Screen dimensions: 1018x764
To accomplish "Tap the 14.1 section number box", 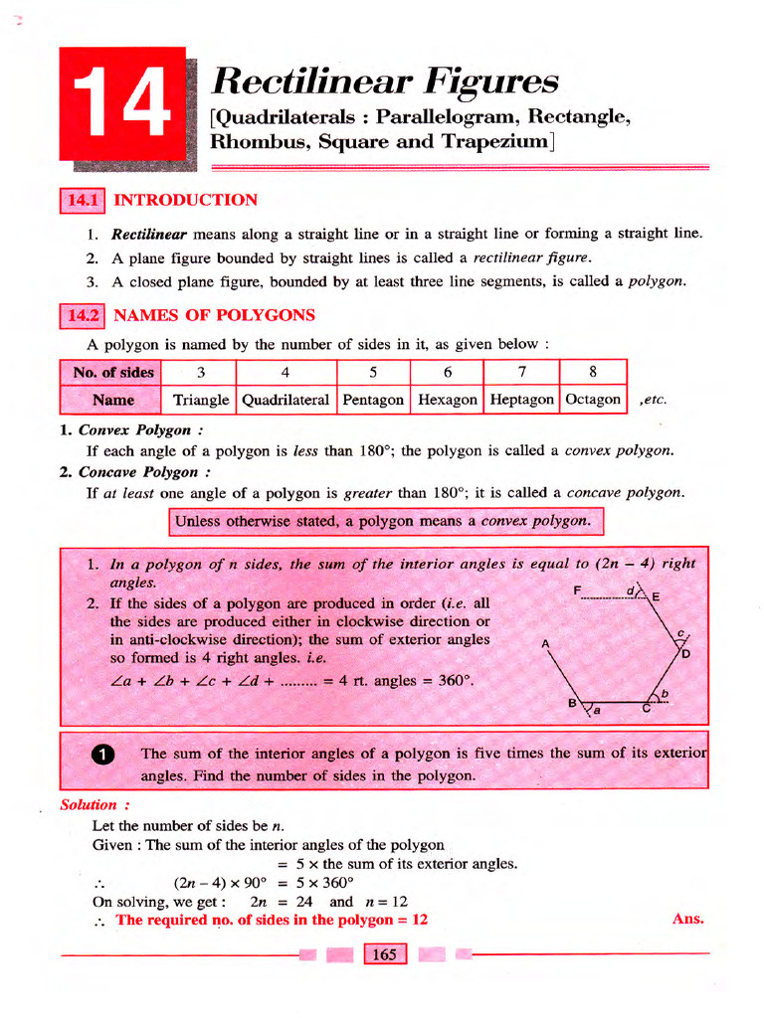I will tap(84, 201).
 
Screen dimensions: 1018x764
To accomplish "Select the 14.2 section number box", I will tap(84, 316).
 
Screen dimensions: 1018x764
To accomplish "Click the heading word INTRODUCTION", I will tap(186, 201).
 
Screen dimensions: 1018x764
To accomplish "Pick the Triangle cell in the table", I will tap(201, 400).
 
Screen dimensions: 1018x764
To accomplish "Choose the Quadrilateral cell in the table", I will tap(286, 400).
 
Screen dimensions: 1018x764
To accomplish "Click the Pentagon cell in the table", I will tap(373, 400).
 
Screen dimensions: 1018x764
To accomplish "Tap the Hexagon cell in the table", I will tap(447, 400).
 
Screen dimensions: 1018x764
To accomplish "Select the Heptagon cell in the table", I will tap(522, 400).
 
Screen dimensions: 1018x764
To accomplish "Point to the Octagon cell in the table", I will tap(593, 400).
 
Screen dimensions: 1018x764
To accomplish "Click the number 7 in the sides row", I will tap(521, 373).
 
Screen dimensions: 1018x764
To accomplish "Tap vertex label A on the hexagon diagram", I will tap(545, 643).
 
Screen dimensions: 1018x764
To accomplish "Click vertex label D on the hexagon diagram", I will tap(685, 654).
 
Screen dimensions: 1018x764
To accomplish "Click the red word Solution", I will tap(89, 805).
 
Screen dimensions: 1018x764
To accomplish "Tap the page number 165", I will tap(383, 955).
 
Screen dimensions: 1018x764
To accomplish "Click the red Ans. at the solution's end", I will tap(687, 920).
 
